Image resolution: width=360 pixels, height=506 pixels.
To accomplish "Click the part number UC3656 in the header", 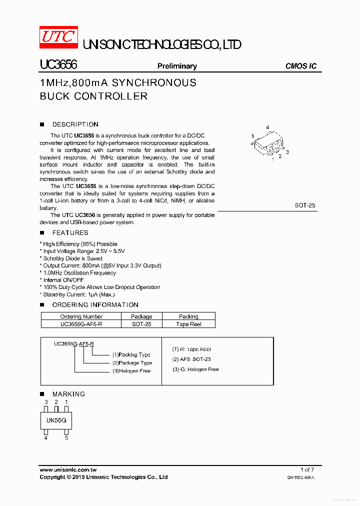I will point(58,65).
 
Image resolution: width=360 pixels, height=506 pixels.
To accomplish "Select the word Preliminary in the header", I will point(177,66).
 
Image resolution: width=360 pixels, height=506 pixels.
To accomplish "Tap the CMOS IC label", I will point(300,66).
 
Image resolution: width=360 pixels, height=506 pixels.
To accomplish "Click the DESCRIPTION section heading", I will point(75,124).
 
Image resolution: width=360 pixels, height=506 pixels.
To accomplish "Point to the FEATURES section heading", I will point(70,233).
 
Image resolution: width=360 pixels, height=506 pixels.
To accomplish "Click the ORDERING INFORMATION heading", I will point(95,305).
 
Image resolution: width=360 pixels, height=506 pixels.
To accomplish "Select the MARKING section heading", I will point(68,394).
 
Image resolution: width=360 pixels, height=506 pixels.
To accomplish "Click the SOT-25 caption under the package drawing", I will point(305,205).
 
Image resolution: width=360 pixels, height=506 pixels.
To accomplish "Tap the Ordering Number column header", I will point(81,316).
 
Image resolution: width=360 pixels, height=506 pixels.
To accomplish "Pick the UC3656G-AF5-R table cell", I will point(81,324).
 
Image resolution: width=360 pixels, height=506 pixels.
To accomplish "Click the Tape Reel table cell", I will point(188,324).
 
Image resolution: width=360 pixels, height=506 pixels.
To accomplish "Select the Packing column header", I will point(188,316).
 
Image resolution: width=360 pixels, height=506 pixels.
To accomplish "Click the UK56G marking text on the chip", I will point(56,420).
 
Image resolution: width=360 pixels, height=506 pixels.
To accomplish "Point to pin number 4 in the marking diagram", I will point(45,438).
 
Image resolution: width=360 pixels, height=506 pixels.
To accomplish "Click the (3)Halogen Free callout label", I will point(131,371).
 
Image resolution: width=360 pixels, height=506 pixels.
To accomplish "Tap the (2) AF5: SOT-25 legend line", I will point(191,359).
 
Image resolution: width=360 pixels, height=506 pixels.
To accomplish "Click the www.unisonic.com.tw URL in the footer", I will point(68,470).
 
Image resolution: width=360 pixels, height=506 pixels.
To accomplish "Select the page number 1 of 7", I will point(307,469).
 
